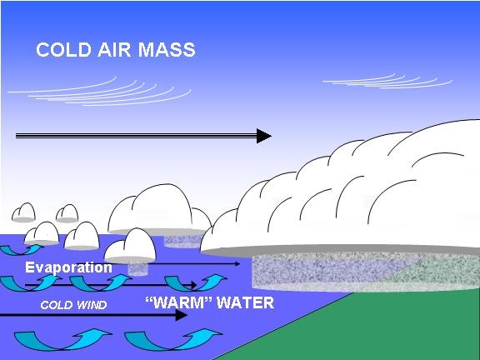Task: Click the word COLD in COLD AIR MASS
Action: (63, 50)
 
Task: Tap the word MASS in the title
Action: (167, 50)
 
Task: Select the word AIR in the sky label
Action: (114, 50)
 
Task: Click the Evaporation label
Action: (68, 267)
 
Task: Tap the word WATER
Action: (245, 302)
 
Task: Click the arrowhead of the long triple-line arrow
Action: (264, 136)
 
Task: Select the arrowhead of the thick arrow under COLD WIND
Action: (181, 315)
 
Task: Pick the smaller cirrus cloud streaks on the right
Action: (387, 82)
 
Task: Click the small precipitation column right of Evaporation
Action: (137, 269)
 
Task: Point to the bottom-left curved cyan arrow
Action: (62, 339)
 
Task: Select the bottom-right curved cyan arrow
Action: (173, 339)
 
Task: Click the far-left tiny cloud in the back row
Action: (23, 212)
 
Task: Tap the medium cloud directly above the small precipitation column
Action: (130, 246)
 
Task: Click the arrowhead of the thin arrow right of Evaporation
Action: (237, 263)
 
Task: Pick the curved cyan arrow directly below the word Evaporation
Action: (31, 283)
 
